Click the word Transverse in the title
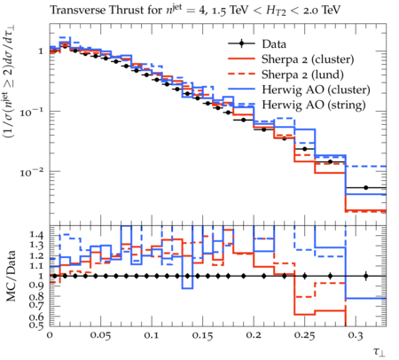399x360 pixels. pos(78,10)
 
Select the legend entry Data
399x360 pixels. pos(274,44)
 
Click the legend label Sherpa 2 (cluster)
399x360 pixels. pos(308,59)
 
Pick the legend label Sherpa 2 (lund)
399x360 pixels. pos(302,74)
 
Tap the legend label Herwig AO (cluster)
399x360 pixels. pos(316,90)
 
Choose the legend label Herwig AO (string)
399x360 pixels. pos(314,105)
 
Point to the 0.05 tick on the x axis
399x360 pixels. pos(100,336)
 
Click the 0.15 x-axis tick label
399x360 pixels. pos(202,336)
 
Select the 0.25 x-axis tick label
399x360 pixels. pos(304,336)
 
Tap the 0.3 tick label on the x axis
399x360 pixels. pos(356,336)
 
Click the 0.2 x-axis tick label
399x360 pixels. pos(254,336)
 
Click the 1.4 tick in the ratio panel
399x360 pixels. pos(36,235)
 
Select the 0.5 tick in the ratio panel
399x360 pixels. pos(36,325)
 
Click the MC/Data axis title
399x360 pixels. pos(11,276)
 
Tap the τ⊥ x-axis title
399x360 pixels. pos(379,351)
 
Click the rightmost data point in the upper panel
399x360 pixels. pos(366,188)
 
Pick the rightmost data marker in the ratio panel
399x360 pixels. pos(366,276)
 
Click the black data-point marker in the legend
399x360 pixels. pos(242,44)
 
